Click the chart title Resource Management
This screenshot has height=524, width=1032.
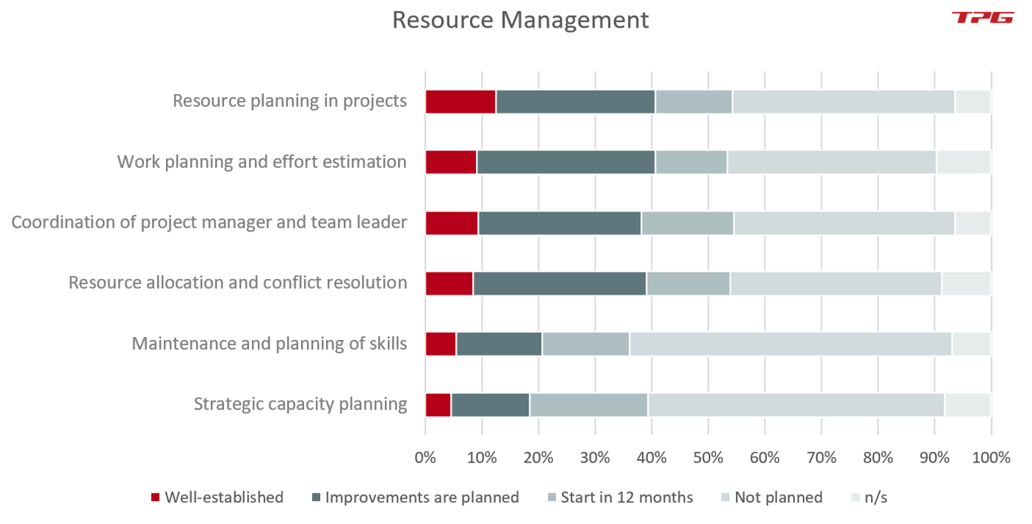(x=520, y=20)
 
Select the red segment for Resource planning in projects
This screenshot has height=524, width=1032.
(x=460, y=102)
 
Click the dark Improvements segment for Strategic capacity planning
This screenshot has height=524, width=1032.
(x=490, y=405)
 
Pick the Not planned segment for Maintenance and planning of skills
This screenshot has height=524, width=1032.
(x=790, y=344)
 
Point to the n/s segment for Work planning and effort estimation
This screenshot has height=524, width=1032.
(x=963, y=162)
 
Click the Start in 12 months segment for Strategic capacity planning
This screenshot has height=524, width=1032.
(x=589, y=405)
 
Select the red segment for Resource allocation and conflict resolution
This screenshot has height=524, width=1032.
(x=449, y=284)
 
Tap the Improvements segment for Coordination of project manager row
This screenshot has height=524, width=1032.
(x=560, y=223)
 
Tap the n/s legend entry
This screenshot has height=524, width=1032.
(x=875, y=497)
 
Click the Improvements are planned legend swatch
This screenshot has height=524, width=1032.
(x=317, y=497)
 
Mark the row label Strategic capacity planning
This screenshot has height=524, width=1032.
(x=300, y=405)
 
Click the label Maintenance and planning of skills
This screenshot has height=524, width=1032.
(x=269, y=344)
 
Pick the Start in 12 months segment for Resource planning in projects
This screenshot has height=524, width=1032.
(x=693, y=102)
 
